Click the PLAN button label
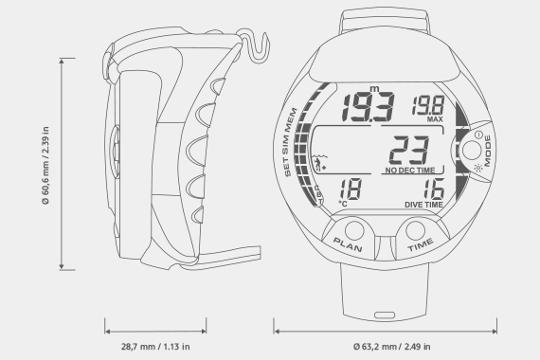click(x=348, y=244)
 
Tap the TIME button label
click(x=420, y=244)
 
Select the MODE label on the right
click(x=487, y=151)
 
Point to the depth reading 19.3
click(x=368, y=107)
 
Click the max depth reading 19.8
click(x=428, y=105)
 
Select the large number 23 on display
click(x=409, y=151)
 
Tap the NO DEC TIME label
click(x=410, y=171)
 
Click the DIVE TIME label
click(x=423, y=205)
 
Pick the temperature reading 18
click(x=351, y=189)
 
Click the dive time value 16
click(x=434, y=189)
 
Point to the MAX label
click(x=435, y=119)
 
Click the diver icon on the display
click(x=319, y=163)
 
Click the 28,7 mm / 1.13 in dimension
click(x=155, y=346)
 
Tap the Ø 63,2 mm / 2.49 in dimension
click(x=391, y=346)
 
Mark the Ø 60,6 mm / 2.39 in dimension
click(x=45, y=166)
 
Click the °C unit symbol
click(x=343, y=204)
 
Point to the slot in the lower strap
click(x=385, y=315)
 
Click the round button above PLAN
click(x=354, y=230)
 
